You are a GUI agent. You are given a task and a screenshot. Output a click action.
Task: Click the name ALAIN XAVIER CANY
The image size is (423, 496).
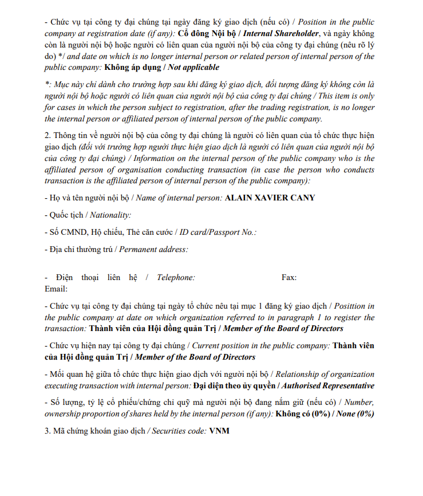tap(270, 198)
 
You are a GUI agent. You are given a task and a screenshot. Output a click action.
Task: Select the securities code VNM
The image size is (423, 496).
tap(219, 431)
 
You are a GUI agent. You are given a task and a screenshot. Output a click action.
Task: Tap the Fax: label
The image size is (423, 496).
tap(288, 277)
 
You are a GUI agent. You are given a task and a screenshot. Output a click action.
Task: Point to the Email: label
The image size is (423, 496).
tap(56, 289)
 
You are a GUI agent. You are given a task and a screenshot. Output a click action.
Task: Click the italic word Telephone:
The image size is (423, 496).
tap(176, 277)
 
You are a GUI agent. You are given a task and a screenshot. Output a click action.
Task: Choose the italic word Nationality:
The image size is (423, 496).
tap(109, 215)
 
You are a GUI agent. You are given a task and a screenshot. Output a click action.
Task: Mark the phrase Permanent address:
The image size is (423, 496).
tap(153, 249)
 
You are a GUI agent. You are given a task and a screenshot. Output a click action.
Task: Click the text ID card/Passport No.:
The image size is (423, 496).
tap(218, 232)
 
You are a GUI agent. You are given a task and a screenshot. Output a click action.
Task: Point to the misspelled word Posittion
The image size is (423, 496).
tap(357, 306)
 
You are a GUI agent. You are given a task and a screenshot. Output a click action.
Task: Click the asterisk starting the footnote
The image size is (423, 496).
tap(46, 84)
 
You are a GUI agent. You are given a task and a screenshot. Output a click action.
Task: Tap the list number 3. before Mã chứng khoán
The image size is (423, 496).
tap(48, 431)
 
